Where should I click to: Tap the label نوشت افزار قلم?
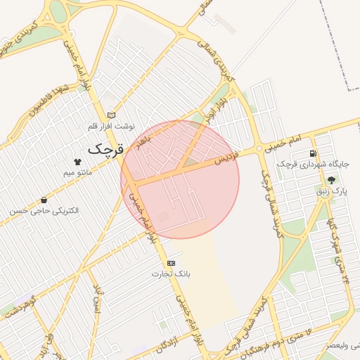110,126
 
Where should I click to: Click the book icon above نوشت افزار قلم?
110,115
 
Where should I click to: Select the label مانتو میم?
78,172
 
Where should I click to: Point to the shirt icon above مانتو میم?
77,161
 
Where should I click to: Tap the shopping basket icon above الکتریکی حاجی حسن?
44,200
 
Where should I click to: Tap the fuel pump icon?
312,153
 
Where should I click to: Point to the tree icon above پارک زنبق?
331,180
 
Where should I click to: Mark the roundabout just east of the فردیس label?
260,148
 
